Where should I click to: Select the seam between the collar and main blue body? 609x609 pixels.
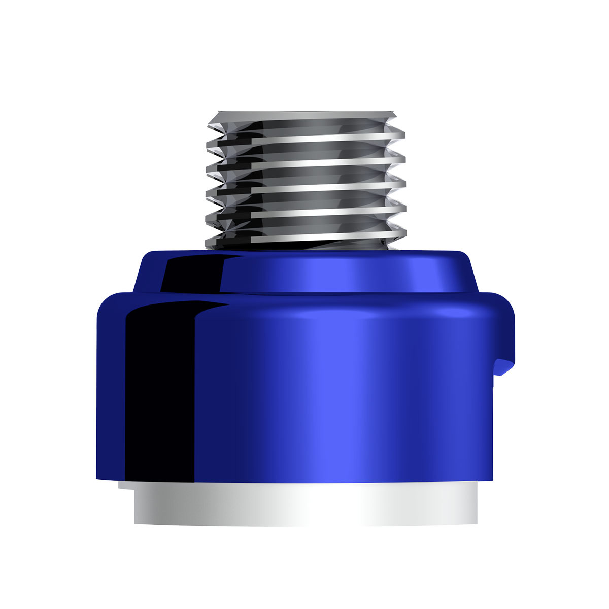pos(304,294)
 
